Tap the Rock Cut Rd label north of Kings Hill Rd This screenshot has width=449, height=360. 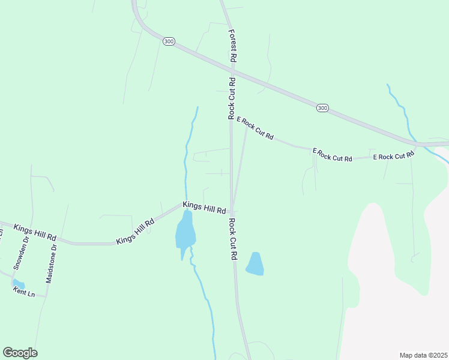click(231, 98)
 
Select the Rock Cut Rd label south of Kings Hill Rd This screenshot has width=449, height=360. click(232, 239)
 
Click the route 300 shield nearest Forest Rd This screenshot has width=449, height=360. click(168, 41)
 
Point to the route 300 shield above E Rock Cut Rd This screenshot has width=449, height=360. click(322, 108)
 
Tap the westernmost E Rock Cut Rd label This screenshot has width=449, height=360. click(255, 128)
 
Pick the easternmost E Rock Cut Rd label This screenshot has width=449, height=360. click(393, 156)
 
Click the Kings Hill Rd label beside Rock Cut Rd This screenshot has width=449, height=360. click(204, 208)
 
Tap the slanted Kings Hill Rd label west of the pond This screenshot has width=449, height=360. click(135, 232)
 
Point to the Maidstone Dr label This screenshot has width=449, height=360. click(53, 263)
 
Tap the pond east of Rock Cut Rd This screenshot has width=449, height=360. click(255, 264)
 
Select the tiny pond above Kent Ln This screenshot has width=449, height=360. click(19, 283)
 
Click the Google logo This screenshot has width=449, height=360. click(20, 353)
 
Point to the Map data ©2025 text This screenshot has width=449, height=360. click(423, 355)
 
